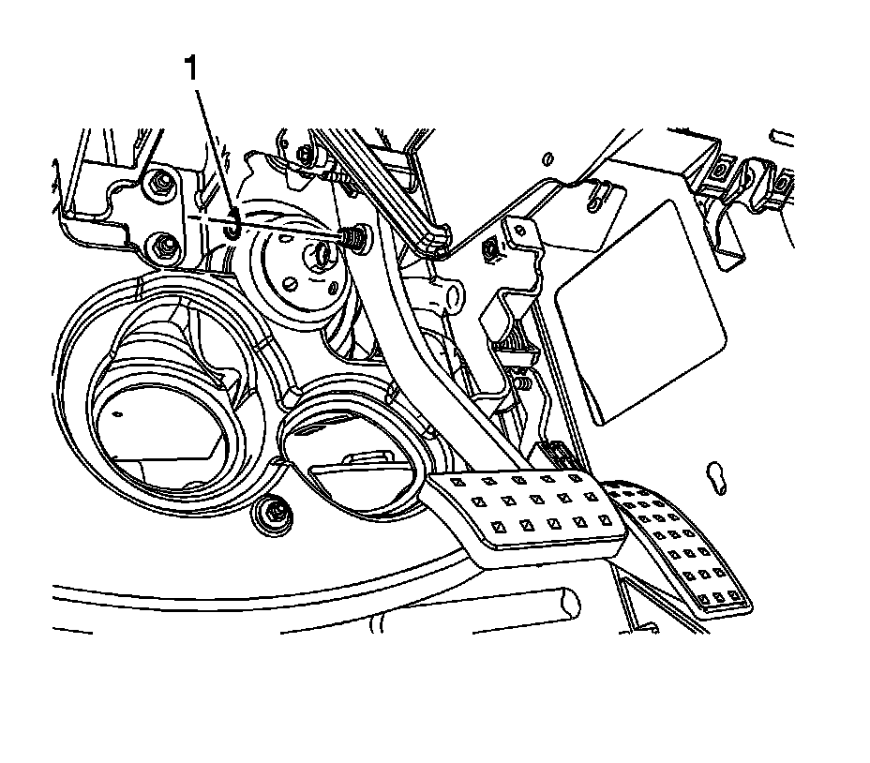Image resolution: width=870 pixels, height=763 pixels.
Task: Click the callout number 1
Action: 192,70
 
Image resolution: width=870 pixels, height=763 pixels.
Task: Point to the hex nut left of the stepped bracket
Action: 489,249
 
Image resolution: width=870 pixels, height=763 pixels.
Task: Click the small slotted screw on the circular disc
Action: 291,282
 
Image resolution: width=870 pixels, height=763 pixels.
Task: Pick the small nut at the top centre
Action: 304,153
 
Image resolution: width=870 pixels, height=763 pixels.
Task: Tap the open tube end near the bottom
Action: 566,603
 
